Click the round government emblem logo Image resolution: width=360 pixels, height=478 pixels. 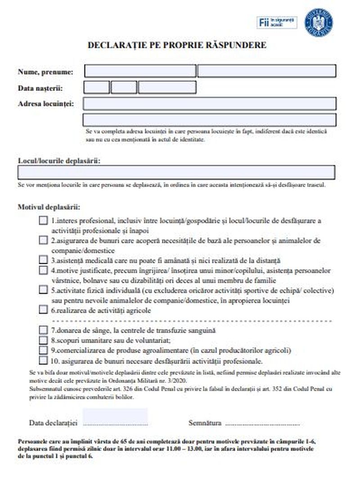point(319,23)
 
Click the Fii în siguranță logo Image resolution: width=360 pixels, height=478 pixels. point(277,22)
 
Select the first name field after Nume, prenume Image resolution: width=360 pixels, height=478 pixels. point(140,71)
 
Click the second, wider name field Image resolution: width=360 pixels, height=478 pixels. point(267,71)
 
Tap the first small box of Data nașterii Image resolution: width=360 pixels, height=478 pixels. point(96,87)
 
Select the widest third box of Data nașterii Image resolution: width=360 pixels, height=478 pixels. point(167,87)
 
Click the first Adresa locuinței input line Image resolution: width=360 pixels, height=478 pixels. point(209,104)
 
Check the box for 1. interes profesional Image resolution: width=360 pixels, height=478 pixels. point(43,221)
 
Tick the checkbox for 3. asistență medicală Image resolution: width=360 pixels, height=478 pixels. point(43,260)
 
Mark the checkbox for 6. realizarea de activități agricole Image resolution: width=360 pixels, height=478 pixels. point(43,310)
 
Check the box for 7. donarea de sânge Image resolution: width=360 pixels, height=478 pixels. point(43,330)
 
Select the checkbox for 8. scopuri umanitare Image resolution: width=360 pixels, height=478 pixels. point(43,340)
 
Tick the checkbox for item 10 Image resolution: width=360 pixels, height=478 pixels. point(43,360)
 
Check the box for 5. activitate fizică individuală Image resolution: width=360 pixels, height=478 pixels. point(43,290)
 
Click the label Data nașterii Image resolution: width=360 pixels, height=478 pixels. point(40,88)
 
